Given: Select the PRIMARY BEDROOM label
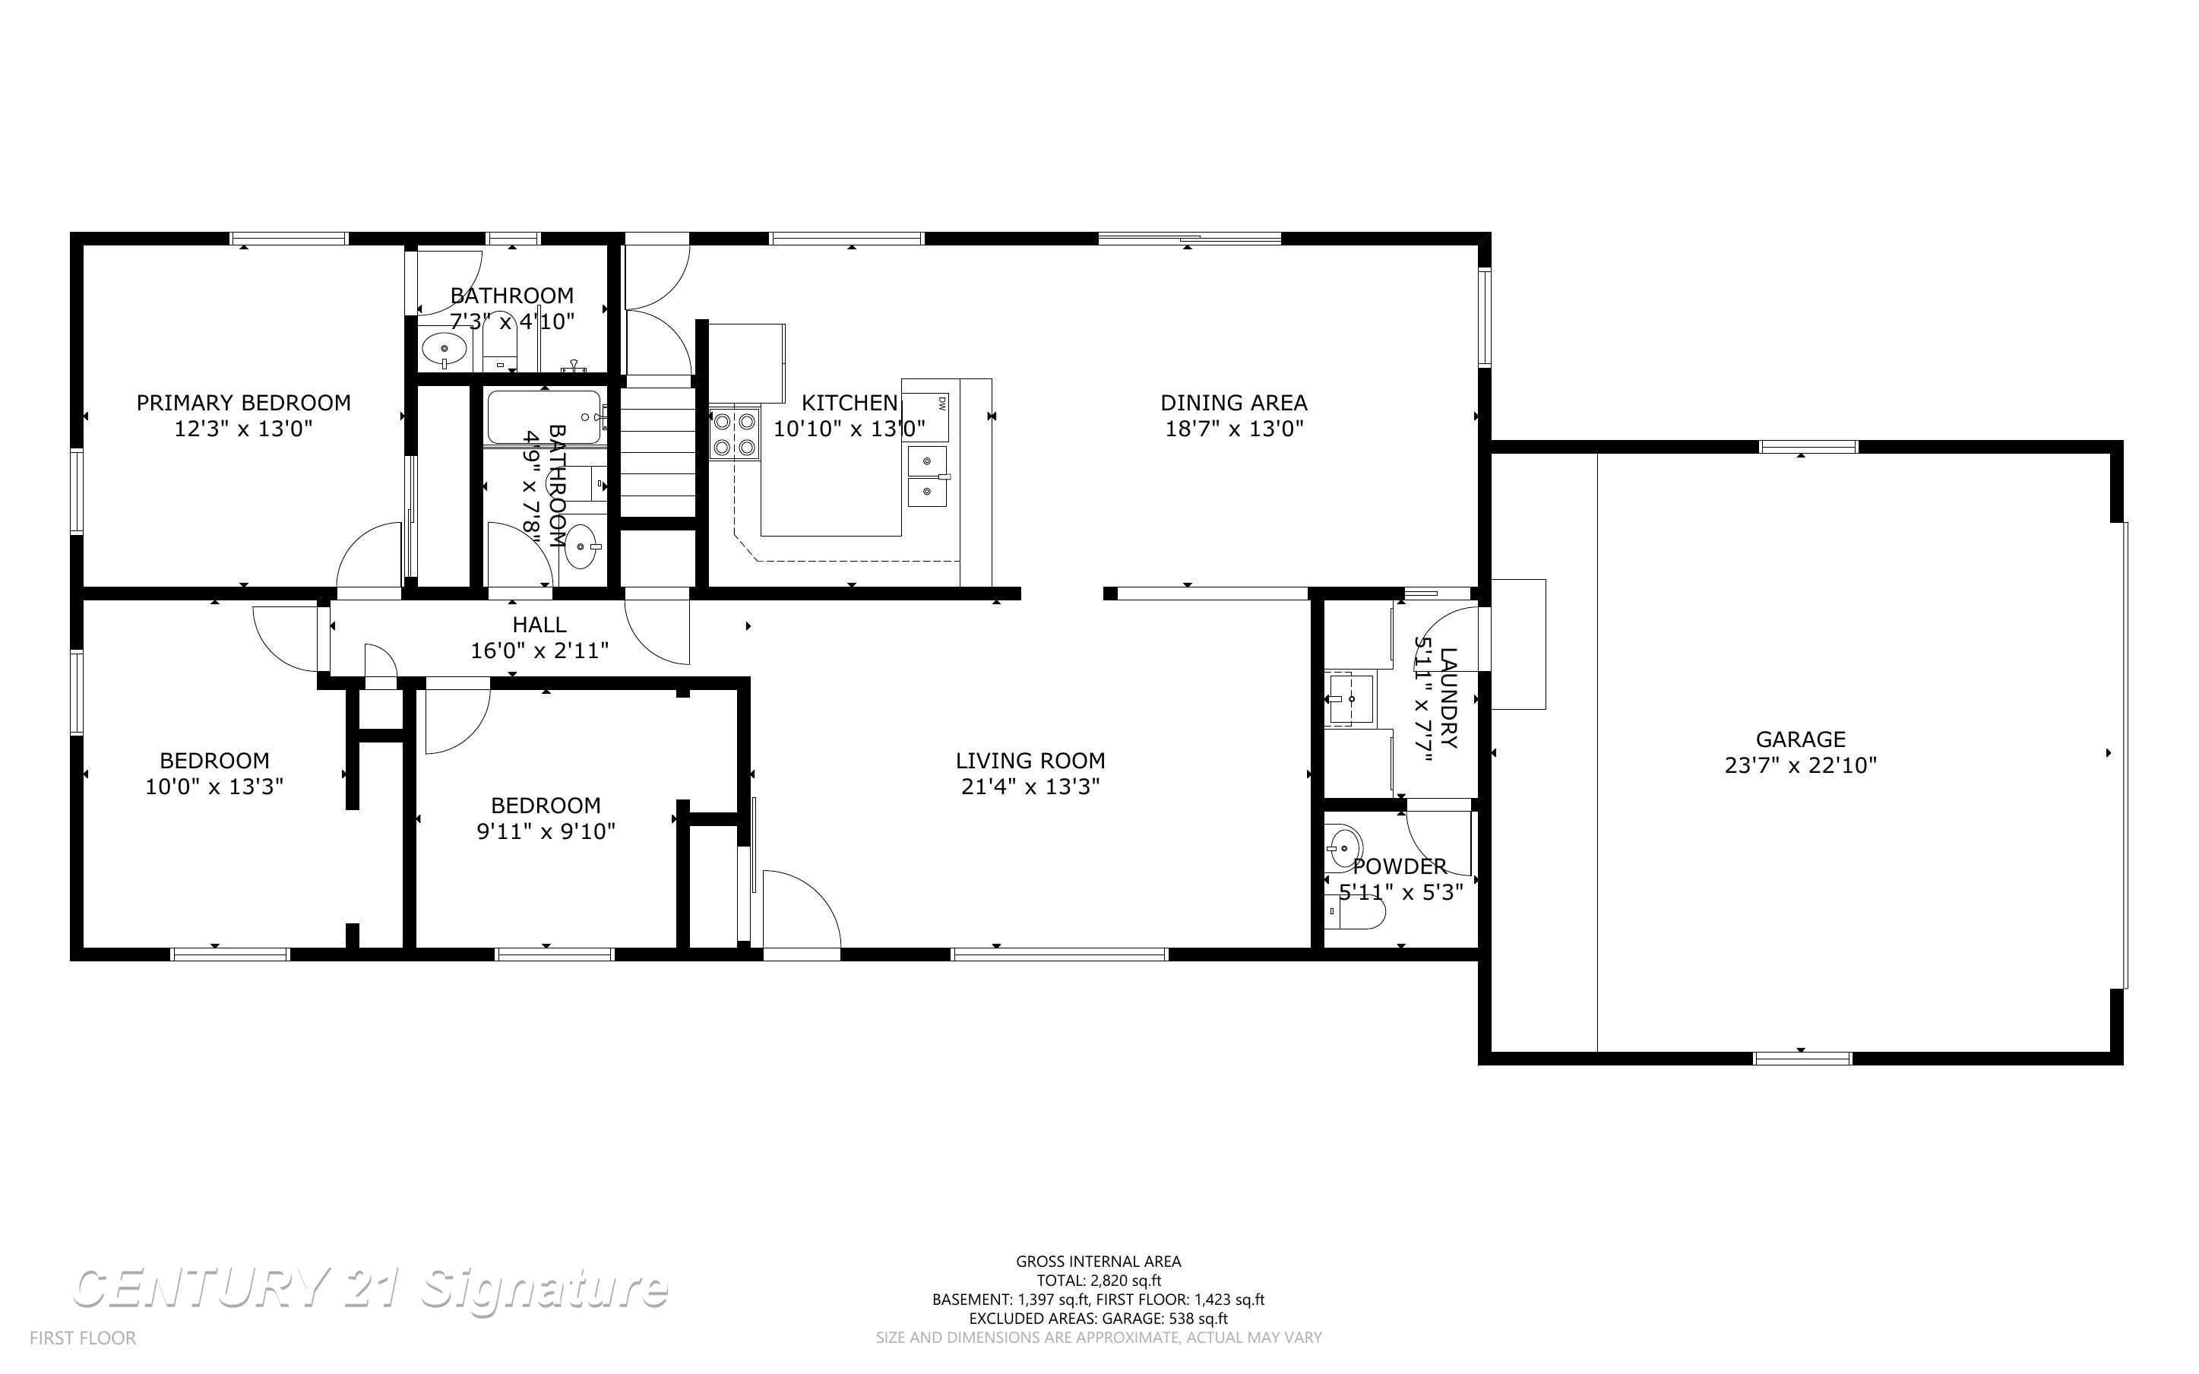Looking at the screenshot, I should click(x=243, y=403).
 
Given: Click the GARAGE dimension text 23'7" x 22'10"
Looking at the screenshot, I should click(x=1799, y=765).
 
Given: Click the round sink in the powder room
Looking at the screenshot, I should click(x=1343, y=849).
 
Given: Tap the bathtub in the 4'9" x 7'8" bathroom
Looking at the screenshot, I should click(x=544, y=417).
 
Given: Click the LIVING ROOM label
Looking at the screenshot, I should click(x=1030, y=761).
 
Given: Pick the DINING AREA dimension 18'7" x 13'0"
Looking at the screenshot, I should click(x=1233, y=428).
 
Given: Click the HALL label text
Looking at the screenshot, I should click(x=539, y=624).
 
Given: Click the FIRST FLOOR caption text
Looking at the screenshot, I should click(x=83, y=1338).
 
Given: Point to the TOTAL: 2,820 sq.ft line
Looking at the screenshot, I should click(x=1098, y=1281).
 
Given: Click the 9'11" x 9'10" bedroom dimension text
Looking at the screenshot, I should click(x=546, y=831).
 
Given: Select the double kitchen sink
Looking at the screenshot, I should click(x=927, y=476).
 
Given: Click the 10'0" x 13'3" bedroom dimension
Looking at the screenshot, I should click(x=214, y=786).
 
